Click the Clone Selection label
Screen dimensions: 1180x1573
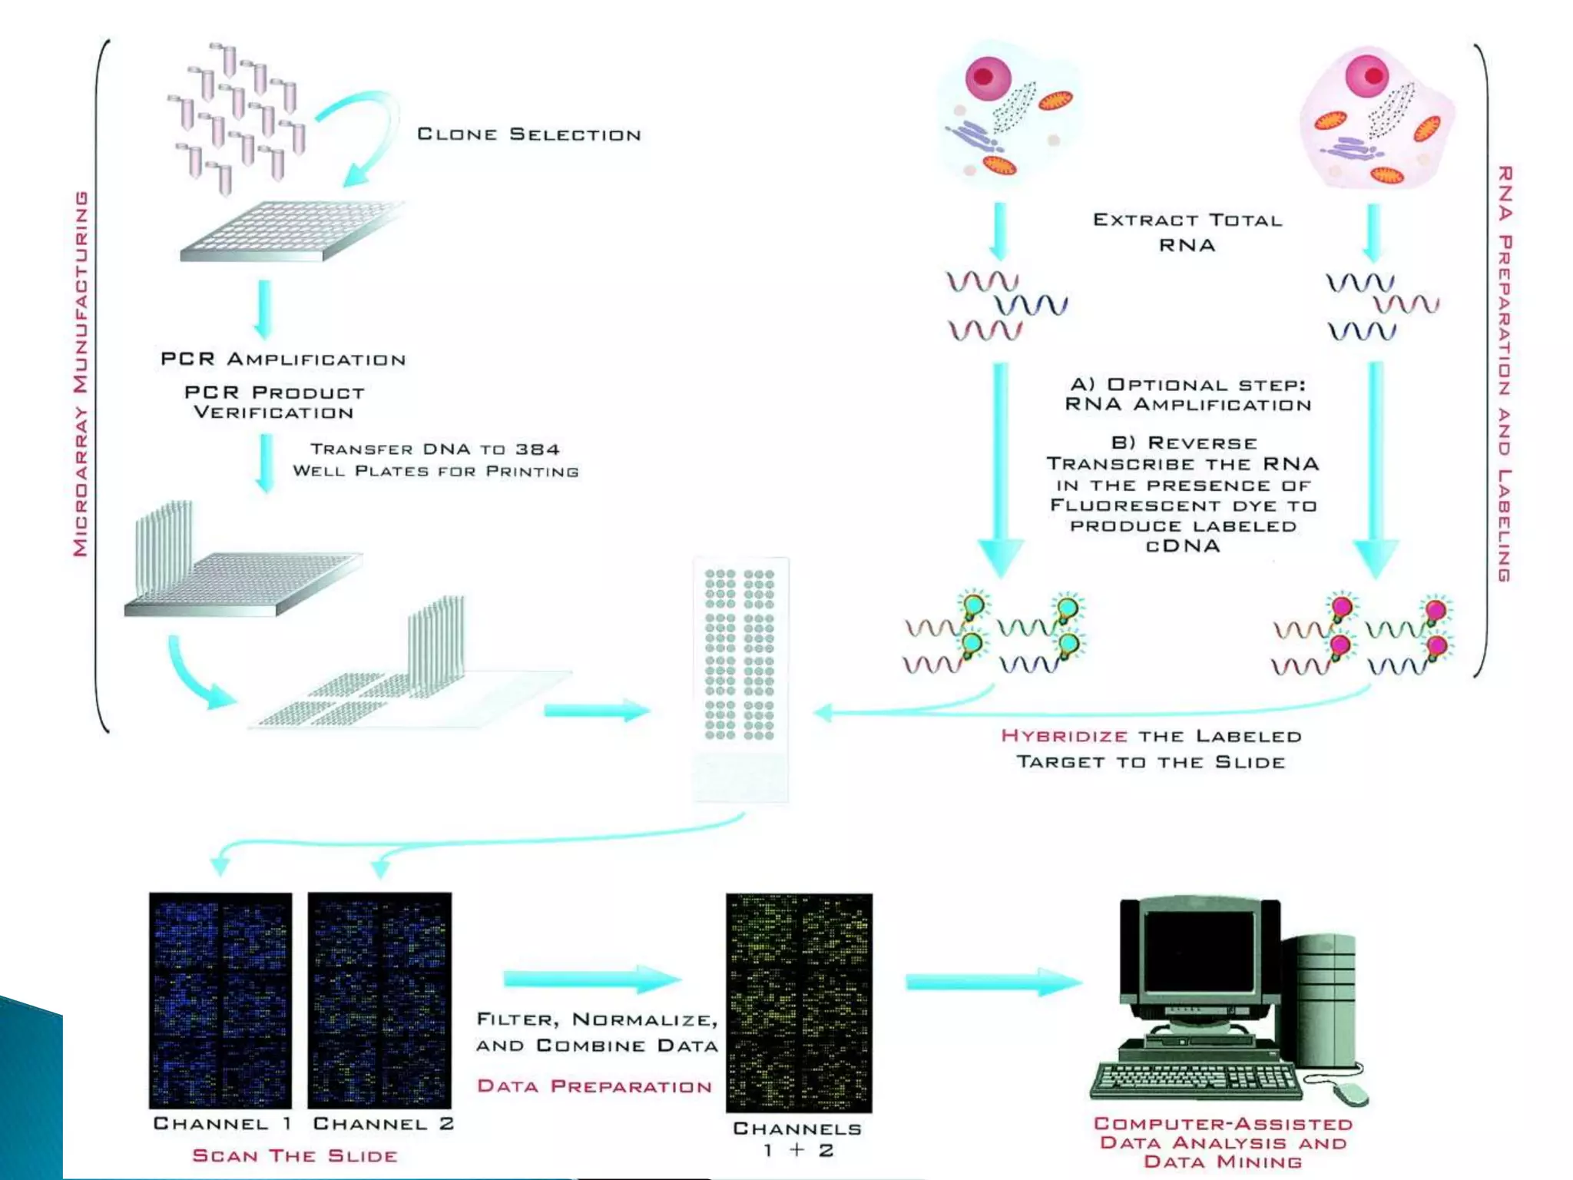coord(528,134)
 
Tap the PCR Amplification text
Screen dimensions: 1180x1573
coord(283,360)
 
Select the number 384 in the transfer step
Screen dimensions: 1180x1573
coord(537,449)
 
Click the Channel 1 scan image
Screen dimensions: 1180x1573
coord(220,999)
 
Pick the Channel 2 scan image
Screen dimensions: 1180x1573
coord(379,999)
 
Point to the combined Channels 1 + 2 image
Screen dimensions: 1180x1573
coord(799,1003)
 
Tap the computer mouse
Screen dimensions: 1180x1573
coord(1349,1094)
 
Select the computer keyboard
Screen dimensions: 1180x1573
coord(1197,1079)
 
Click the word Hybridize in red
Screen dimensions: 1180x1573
coord(1065,736)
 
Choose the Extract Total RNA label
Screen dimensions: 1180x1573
coord(1187,232)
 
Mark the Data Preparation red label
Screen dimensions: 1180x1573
coord(594,1086)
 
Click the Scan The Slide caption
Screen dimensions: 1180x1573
coord(295,1156)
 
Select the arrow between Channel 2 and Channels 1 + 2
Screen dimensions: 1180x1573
coord(591,979)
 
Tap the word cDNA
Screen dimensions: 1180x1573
coord(1183,546)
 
